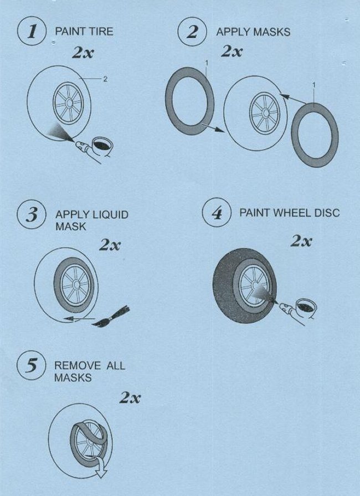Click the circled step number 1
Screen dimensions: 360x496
point(32,32)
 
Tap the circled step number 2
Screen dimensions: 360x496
point(192,32)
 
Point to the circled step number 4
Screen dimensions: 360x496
point(217,213)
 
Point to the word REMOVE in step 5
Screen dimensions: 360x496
point(78,366)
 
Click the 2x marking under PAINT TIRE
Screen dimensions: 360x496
point(83,53)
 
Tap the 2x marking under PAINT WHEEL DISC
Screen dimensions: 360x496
point(301,241)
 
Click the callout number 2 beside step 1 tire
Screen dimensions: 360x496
point(105,79)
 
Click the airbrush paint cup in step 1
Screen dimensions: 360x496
point(101,146)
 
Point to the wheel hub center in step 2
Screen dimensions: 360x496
point(265,113)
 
